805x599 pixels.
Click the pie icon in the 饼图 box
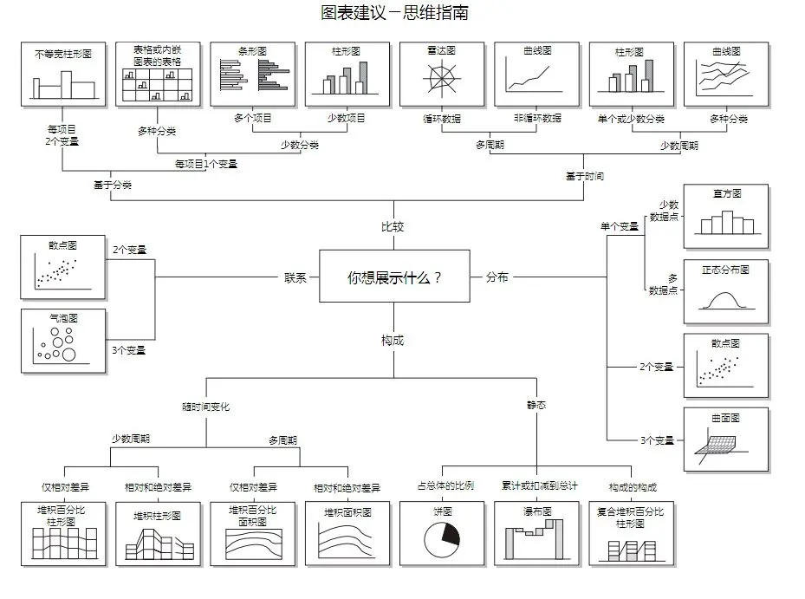tap(441, 539)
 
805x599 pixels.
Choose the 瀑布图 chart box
tap(536, 534)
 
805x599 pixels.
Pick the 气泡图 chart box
tap(63, 342)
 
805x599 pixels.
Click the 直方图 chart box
tap(726, 216)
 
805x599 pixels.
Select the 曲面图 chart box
tap(726, 440)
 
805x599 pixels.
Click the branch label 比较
tap(393, 227)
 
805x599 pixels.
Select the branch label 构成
tap(393, 341)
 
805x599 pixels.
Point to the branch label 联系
tap(295, 277)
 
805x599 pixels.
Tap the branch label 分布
tap(497, 277)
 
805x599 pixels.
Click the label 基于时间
tap(584, 176)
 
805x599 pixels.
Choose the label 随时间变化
tap(206, 406)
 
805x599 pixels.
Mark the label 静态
tap(536, 405)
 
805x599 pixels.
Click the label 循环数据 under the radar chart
tap(441, 118)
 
